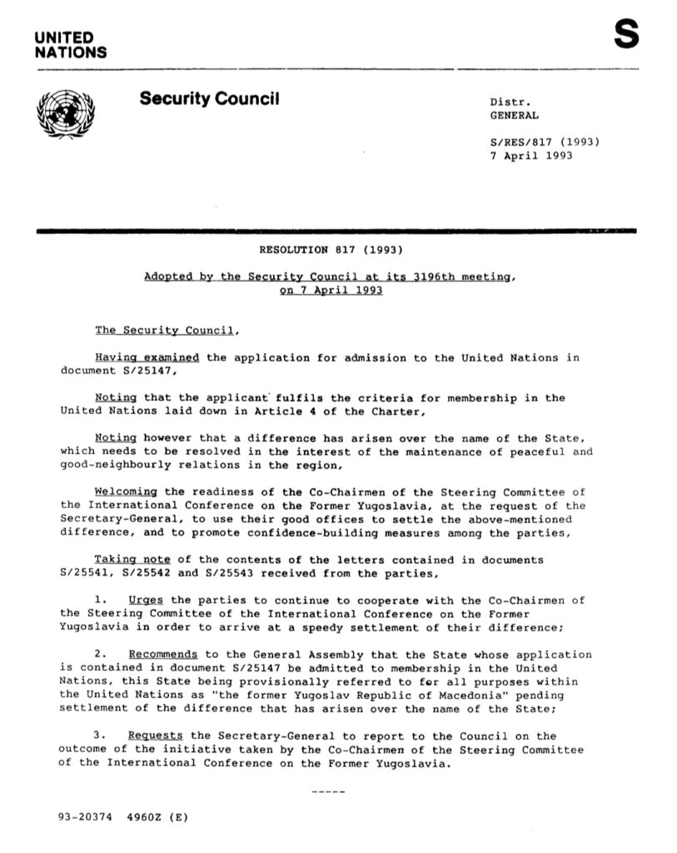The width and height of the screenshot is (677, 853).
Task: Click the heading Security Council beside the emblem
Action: [x=209, y=100]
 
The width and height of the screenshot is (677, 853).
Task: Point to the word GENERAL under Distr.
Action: [x=514, y=116]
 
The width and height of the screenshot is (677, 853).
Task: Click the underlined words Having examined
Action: [x=147, y=357]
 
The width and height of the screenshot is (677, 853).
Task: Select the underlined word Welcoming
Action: [x=126, y=491]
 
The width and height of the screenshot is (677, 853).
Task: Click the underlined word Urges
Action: [x=147, y=600]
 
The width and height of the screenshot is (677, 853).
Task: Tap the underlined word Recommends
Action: [x=163, y=654]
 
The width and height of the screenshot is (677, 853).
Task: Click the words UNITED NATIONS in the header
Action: [x=70, y=45]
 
